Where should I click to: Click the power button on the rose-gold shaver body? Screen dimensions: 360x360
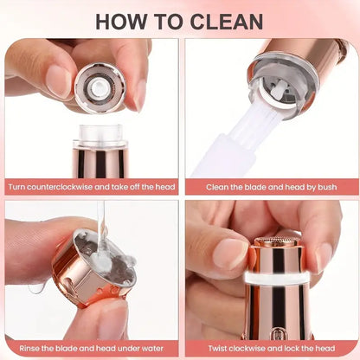click(277, 331)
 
